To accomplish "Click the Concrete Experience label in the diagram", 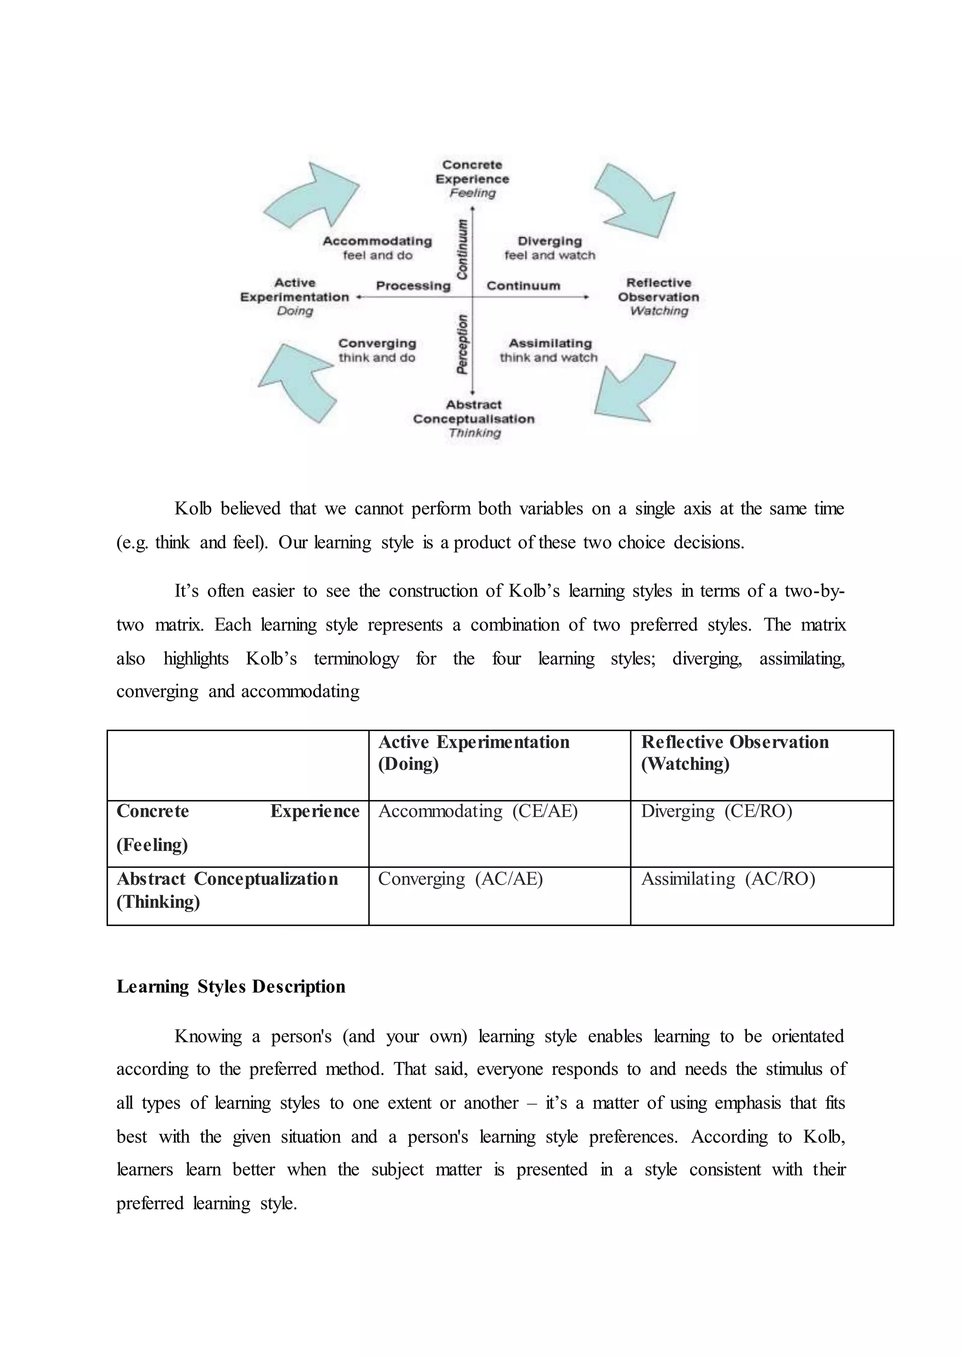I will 472,178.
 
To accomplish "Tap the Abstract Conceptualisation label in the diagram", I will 473,418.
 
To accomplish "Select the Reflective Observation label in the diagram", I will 659,296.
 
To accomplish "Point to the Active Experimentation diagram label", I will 295,296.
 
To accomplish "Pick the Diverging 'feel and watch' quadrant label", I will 550,248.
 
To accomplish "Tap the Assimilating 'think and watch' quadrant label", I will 549,350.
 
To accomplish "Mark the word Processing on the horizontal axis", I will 413,286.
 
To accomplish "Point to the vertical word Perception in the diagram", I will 462,344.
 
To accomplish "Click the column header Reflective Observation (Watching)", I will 734,752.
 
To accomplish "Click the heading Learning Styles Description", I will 231,987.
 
